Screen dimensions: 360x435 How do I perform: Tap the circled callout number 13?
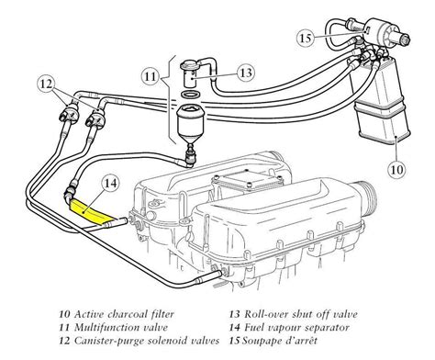(x=244, y=73)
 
